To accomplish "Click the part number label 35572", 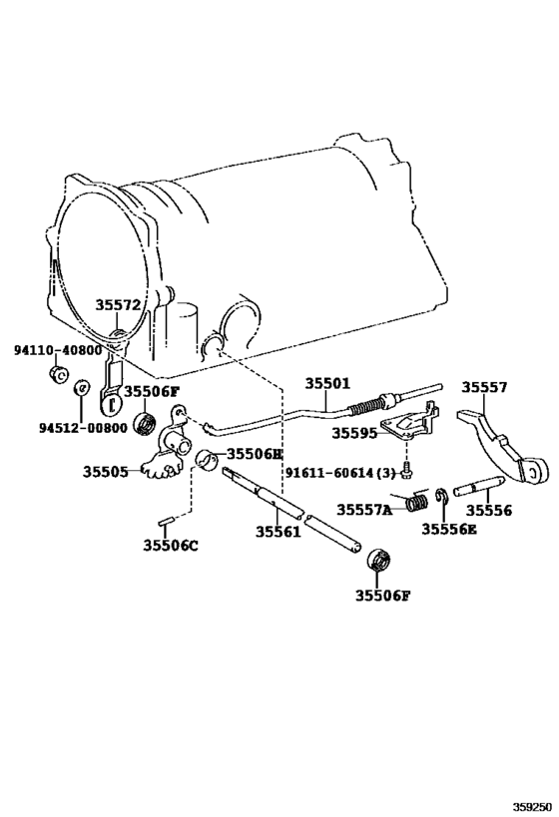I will (119, 306).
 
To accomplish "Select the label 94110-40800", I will (57, 351).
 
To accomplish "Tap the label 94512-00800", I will (56, 428).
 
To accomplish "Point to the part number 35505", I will (106, 471).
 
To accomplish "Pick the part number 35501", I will (327, 384).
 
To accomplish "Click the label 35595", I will (354, 434).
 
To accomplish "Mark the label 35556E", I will (448, 530).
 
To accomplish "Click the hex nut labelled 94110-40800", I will (58, 376).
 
